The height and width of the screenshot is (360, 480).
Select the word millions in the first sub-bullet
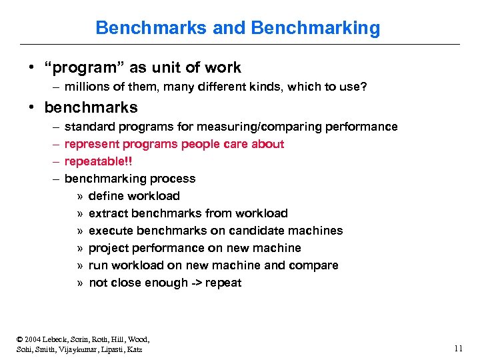(85, 87)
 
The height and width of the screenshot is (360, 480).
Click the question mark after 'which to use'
(363, 87)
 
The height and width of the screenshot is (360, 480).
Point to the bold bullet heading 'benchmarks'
(91, 107)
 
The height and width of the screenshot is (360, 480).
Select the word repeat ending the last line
(225, 283)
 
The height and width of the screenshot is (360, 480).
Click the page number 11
(457, 348)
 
